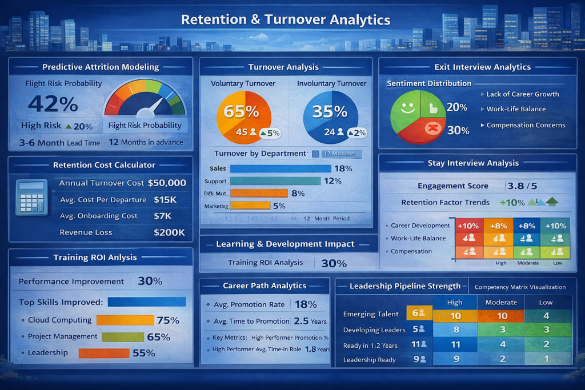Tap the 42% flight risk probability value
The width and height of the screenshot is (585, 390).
point(53,104)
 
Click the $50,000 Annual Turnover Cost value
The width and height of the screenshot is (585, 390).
point(167,183)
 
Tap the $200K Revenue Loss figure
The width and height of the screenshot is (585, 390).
point(169,232)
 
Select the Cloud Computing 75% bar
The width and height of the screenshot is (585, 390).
point(125,320)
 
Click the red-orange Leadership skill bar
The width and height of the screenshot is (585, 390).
point(104,353)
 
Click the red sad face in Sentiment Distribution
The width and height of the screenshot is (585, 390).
point(432,128)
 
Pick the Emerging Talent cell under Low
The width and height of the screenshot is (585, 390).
point(546,316)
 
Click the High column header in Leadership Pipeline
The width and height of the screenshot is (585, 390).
point(455,303)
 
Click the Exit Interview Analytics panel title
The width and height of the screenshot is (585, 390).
point(482,67)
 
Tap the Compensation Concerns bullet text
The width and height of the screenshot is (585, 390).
point(526,125)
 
